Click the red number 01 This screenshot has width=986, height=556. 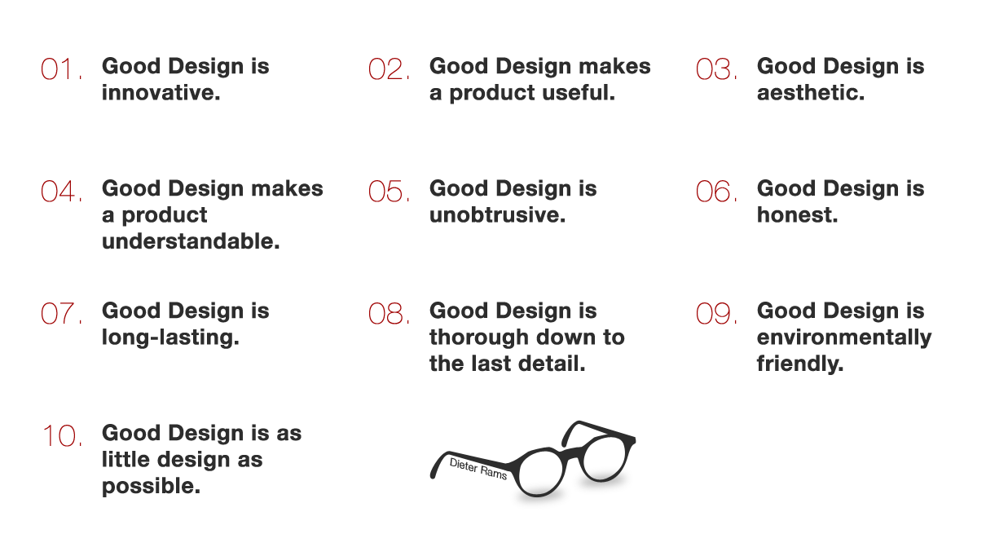click(x=60, y=70)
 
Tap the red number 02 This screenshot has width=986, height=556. click(x=388, y=70)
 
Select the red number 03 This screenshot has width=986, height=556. click(x=715, y=70)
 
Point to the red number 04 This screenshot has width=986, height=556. click(x=60, y=192)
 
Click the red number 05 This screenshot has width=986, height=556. click(x=388, y=192)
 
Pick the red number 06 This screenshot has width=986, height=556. click(x=715, y=192)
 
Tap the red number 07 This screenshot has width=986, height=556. click(x=60, y=315)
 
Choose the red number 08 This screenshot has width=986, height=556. click(x=388, y=315)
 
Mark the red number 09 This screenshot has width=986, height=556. click(x=715, y=315)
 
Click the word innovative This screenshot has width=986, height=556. click(x=161, y=93)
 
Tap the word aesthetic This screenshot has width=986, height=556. click(x=810, y=93)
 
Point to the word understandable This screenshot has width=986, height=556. click(x=191, y=242)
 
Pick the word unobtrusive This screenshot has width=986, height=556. click(x=497, y=215)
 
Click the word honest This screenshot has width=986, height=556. click(x=797, y=215)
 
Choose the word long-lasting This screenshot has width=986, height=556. click(x=170, y=338)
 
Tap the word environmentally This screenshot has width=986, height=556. click(x=843, y=338)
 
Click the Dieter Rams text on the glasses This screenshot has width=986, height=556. click(x=479, y=468)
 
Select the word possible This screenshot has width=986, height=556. click(x=151, y=487)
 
